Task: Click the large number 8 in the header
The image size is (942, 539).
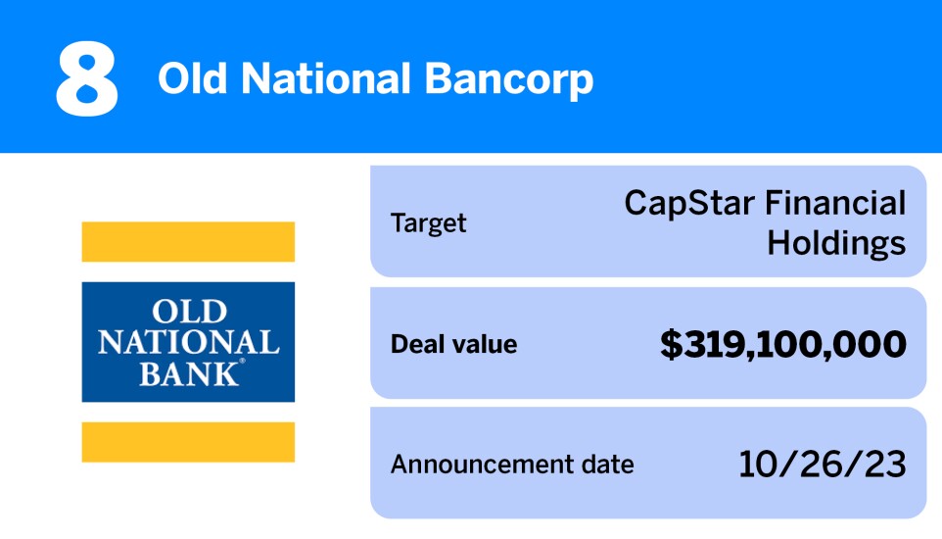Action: (87, 78)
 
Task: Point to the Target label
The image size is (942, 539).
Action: (429, 223)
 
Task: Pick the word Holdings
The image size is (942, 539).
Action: (836, 243)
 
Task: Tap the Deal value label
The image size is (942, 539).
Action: (453, 344)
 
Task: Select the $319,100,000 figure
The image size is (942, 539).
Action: (782, 344)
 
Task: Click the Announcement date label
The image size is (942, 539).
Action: (512, 464)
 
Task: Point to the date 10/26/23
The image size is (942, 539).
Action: (823, 464)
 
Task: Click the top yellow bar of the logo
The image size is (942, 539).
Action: (188, 242)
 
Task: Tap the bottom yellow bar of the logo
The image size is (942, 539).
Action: (188, 442)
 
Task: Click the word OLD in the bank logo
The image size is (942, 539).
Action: (189, 314)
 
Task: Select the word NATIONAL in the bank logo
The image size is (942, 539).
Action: (189, 343)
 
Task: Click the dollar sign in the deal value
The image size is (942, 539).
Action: (671, 344)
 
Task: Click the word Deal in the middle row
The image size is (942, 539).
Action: (412, 344)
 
